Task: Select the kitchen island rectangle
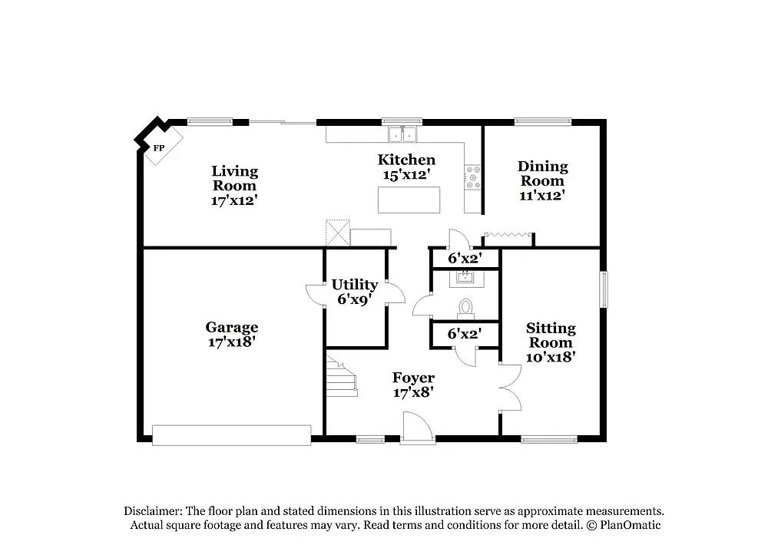pyautogui.click(x=409, y=200)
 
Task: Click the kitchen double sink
pyautogui.click(x=402, y=135)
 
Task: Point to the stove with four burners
pyautogui.click(x=472, y=178)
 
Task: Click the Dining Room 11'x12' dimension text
pyautogui.click(x=543, y=196)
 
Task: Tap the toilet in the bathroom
pyautogui.click(x=465, y=308)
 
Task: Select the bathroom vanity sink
pyautogui.click(x=465, y=278)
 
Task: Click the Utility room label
pyautogui.click(x=354, y=285)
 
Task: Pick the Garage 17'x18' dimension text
pyautogui.click(x=232, y=342)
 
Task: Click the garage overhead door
pyautogui.click(x=232, y=435)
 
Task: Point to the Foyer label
pyautogui.click(x=413, y=378)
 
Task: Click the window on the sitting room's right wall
pyautogui.click(x=604, y=289)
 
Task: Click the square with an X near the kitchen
pyautogui.click(x=337, y=232)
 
